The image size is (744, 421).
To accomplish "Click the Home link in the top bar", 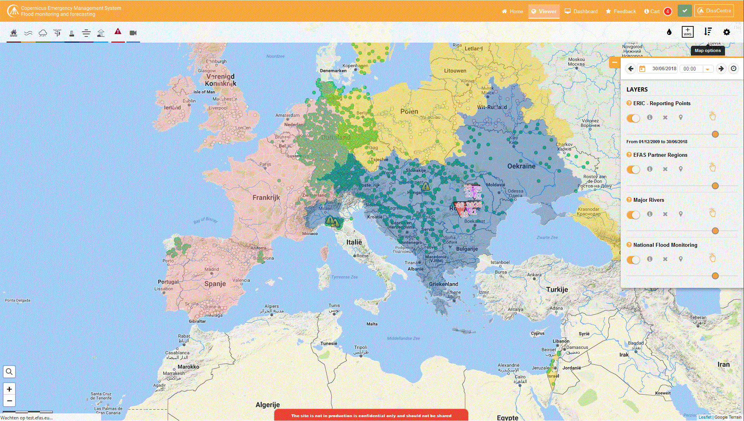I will tap(512, 11).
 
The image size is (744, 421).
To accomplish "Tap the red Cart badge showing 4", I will tap(668, 11).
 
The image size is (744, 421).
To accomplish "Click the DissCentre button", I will tap(714, 11).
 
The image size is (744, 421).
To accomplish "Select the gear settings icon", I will tap(727, 32).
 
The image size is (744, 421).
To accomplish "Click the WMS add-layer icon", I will tap(687, 32).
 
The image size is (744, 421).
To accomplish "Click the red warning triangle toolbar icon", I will tap(118, 32).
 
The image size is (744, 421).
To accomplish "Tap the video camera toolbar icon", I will tap(133, 33).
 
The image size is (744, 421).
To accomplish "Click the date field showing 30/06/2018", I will tap(664, 69).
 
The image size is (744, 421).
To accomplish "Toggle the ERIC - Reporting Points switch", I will tap(633, 118).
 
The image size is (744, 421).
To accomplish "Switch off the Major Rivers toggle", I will tap(633, 215).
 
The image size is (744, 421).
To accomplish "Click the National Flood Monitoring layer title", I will tap(665, 245).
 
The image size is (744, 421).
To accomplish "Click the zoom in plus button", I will tap(9, 389).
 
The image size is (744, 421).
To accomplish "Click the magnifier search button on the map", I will tap(9, 372).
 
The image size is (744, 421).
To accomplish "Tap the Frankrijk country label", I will tap(266, 198).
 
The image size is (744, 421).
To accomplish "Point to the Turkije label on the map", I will tap(557, 289).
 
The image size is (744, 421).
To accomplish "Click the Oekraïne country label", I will tap(521, 166).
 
